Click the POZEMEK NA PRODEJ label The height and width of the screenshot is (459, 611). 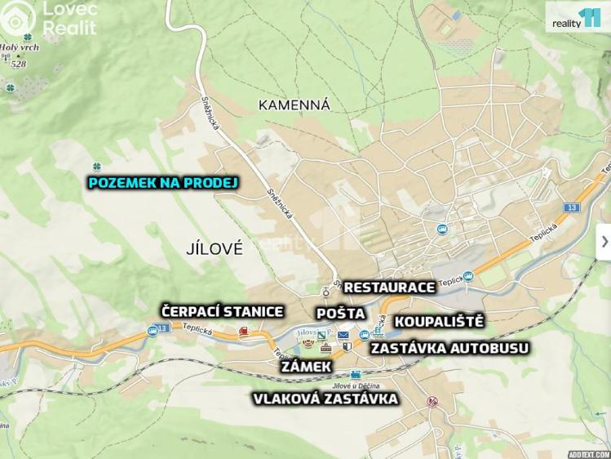[162, 183]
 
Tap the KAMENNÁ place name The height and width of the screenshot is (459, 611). [294, 105]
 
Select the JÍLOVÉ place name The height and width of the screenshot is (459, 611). [215, 249]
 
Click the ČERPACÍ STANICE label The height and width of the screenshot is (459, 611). [222, 311]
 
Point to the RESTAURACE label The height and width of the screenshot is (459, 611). [389, 287]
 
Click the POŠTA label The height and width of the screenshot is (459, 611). [340, 314]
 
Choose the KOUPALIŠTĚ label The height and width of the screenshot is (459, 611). [439, 321]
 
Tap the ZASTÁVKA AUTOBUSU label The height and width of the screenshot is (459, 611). [449, 348]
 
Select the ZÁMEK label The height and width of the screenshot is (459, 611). [306, 367]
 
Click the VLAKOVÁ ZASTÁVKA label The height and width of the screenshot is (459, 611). [325, 399]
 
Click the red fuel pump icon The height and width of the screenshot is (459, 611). [243, 332]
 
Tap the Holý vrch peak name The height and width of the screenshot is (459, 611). [19, 47]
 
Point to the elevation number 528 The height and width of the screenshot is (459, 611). [19, 64]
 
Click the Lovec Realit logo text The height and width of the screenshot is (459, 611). [69, 19]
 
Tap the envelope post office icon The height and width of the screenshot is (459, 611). [343, 335]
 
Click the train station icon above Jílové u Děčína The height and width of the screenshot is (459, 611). [356, 374]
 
